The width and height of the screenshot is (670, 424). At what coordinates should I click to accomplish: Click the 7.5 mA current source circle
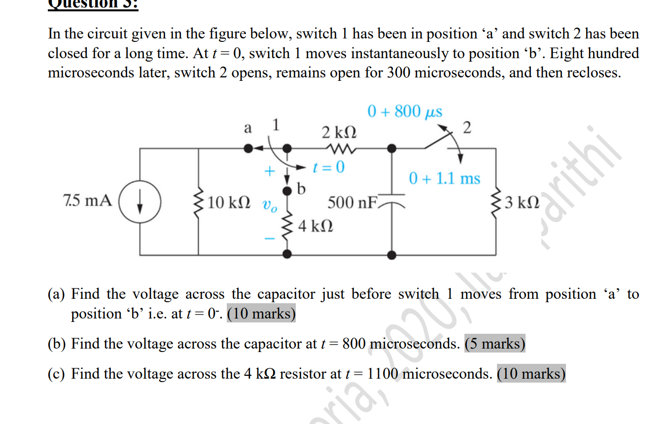click(x=140, y=202)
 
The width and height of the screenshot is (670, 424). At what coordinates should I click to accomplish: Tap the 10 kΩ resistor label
click(x=228, y=202)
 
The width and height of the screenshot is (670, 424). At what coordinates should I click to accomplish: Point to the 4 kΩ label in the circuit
click(x=315, y=227)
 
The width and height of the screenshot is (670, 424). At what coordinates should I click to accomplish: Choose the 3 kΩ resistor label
click(x=522, y=202)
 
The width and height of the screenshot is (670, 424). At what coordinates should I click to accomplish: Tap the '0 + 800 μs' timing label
click(x=405, y=111)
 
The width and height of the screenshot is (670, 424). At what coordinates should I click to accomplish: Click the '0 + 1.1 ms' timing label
click(x=444, y=178)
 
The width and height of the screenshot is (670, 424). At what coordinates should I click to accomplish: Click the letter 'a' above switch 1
click(x=248, y=128)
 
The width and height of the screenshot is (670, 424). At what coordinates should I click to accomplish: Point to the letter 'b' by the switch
click(x=302, y=188)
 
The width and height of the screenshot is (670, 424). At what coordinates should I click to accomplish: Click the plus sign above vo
click(x=269, y=171)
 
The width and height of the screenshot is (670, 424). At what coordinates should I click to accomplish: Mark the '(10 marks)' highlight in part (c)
click(x=531, y=374)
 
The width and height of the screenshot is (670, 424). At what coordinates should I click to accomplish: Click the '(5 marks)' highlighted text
click(x=494, y=344)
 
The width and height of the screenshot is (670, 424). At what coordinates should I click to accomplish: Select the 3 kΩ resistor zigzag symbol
click(x=495, y=202)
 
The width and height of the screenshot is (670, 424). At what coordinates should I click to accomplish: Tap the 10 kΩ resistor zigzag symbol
click(x=199, y=202)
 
